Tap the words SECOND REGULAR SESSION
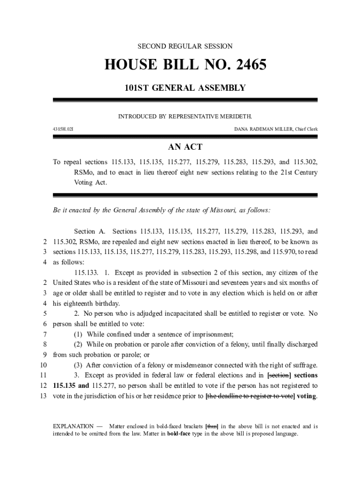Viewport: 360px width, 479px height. coord(185,46)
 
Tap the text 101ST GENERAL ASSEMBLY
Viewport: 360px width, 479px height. coord(185,88)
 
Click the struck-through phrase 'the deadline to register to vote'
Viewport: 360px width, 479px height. coord(250,396)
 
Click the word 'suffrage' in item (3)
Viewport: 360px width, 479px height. coord(303,365)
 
